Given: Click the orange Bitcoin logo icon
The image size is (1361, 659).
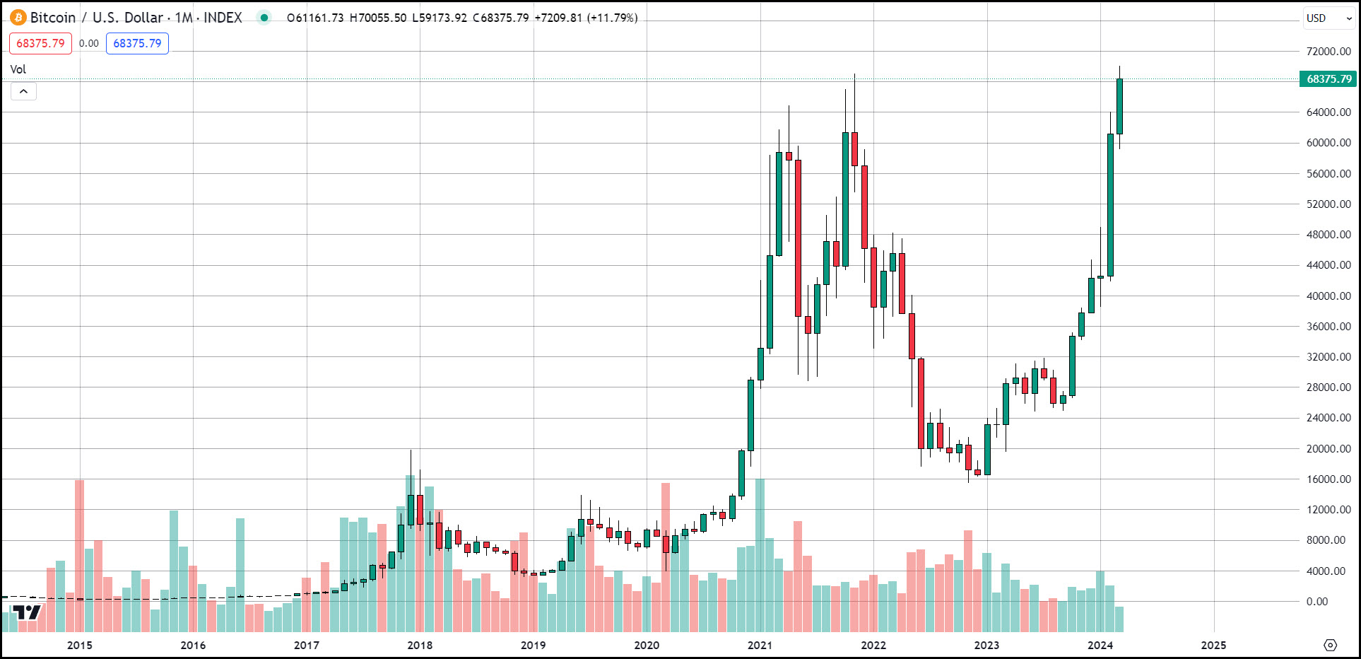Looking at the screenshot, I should (x=18, y=18).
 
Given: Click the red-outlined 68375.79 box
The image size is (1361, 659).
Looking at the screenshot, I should (x=40, y=43).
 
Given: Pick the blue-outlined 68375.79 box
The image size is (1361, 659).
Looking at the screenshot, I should (x=137, y=43).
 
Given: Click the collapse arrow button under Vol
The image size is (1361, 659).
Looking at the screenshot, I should (x=23, y=91).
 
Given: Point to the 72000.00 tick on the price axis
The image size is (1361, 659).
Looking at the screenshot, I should (x=1328, y=52).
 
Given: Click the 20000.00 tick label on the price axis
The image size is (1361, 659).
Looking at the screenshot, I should (x=1328, y=449).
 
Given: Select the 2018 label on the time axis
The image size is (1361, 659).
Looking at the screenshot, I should (x=420, y=645).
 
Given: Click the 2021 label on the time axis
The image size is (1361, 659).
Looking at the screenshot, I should (x=760, y=645).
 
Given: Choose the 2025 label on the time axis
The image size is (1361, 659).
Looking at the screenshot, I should (x=1213, y=645).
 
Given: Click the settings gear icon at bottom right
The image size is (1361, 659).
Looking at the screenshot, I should (x=1331, y=645).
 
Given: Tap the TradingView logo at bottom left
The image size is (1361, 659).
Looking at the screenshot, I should (x=28, y=612).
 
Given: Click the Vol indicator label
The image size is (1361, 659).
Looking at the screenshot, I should (x=18, y=69).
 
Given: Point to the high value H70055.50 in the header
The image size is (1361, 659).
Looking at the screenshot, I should (x=378, y=18).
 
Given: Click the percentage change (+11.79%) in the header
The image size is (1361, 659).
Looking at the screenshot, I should (x=612, y=18).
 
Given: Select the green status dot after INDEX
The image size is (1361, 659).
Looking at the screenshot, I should (x=264, y=18).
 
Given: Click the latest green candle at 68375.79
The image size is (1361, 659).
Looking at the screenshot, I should (x=1119, y=106).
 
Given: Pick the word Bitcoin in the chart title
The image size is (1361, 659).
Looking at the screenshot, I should (x=53, y=18).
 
